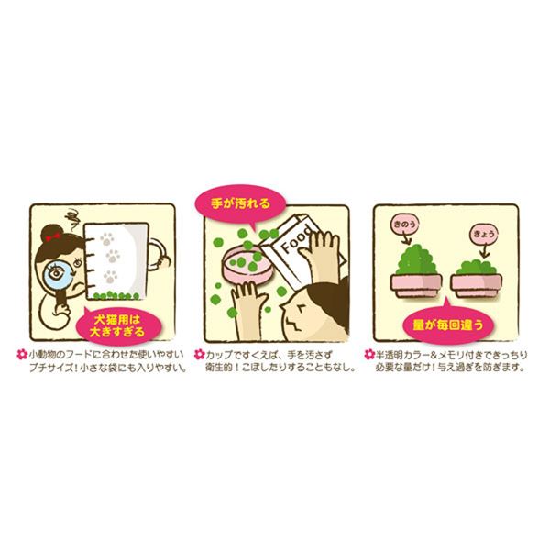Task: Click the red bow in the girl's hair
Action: tap(52, 237)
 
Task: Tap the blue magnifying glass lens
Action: tap(56, 273)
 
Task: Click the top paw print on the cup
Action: tap(107, 239)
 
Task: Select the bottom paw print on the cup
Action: tap(110, 277)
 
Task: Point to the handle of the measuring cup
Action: tap(159, 253)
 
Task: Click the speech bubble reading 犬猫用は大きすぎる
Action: tap(117, 325)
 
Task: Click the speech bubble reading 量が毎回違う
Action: tap(448, 324)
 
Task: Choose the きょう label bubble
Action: tap(483, 234)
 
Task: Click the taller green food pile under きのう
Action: tap(416, 259)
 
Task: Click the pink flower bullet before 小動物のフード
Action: tap(22, 354)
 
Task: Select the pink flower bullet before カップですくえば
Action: tap(199, 354)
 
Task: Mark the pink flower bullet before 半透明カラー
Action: tap(369, 354)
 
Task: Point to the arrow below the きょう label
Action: tap(484, 250)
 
